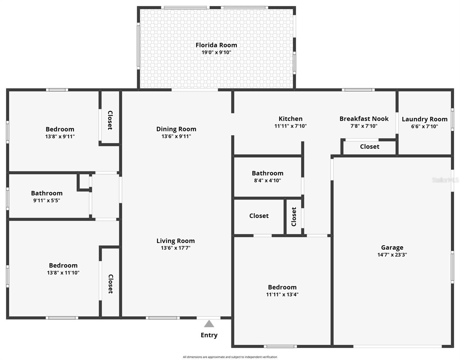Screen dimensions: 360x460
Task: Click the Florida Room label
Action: [x=216, y=45]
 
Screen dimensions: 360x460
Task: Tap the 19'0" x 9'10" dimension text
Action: [x=216, y=52]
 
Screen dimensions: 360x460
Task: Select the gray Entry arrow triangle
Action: [x=209, y=324]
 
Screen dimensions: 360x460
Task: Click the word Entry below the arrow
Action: [x=209, y=335]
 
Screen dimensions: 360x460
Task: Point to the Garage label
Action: [x=392, y=247]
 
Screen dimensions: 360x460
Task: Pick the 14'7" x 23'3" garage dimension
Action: [x=392, y=255]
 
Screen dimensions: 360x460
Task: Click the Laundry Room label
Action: [x=424, y=119]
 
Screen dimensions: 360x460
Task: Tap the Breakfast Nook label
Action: [x=364, y=118]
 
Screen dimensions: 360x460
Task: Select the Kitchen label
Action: [x=290, y=118]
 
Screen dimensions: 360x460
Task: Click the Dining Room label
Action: [x=176, y=129]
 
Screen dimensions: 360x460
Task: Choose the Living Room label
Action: [x=176, y=241]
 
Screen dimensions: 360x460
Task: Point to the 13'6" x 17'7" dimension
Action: [x=176, y=248]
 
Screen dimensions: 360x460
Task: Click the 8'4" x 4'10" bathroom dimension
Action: [x=267, y=181]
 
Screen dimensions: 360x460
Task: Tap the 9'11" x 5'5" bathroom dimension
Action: [x=46, y=200]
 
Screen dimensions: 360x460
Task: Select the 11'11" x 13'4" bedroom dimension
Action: [x=282, y=295]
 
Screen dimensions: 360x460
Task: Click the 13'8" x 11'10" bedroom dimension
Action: [x=63, y=273]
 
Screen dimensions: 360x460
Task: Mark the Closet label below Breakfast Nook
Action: [x=369, y=147]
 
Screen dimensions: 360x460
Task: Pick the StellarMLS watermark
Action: [x=445, y=180]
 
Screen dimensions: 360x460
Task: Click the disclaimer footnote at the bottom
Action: [x=230, y=357]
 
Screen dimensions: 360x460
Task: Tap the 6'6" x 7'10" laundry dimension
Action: [x=424, y=127]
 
